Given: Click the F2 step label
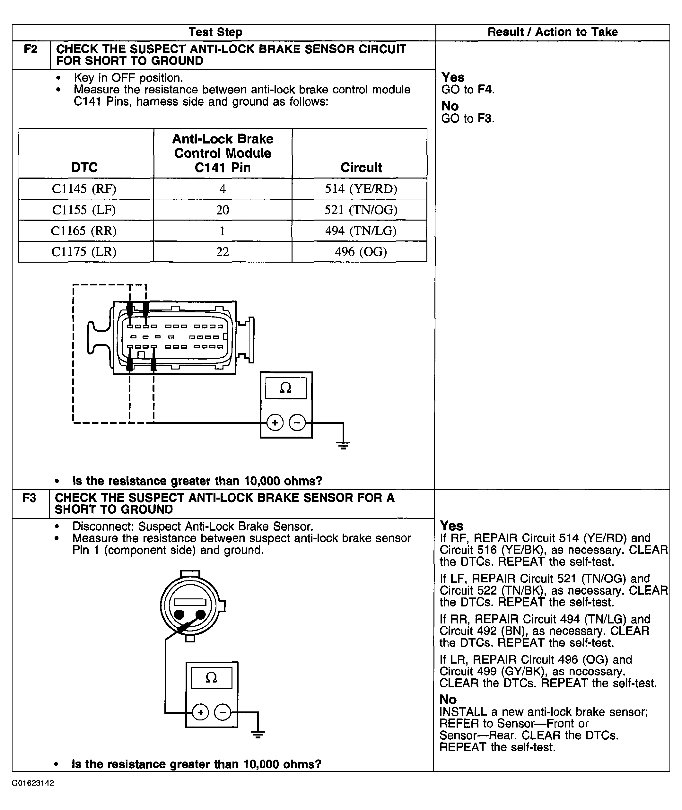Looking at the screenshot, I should [31, 49].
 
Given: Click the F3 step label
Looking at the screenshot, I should [30, 498].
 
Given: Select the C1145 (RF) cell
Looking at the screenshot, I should [84, 189].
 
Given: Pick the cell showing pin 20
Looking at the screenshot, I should [223, 210].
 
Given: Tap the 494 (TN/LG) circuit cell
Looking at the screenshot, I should [360, 231].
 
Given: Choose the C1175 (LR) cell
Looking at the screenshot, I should [84, 252].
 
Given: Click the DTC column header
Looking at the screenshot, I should [84, 167].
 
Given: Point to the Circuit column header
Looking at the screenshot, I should [361, 167].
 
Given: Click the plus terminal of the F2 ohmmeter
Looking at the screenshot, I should [275, 422].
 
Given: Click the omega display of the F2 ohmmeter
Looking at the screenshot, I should [285, 388].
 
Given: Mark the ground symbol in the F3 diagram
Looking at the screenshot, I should [258, 735].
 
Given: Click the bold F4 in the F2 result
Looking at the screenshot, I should [485, 90].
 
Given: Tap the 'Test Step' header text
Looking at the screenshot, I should [215, 32].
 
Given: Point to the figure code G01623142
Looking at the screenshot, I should [33, 783].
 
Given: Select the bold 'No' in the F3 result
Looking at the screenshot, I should [448, 700].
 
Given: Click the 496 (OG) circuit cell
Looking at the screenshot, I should [360, 252].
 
